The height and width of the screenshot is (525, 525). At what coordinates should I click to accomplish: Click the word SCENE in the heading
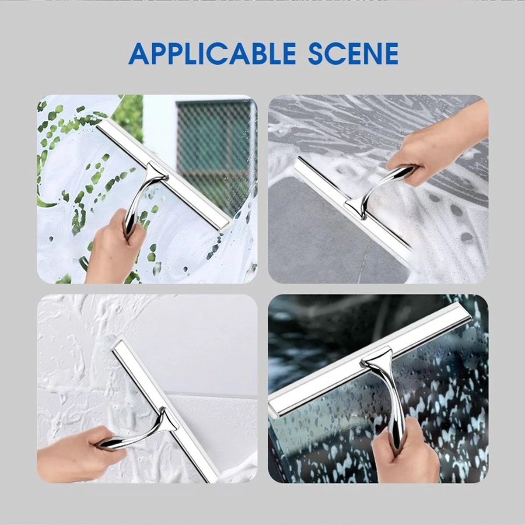pyautogui.click(x=353, y=53)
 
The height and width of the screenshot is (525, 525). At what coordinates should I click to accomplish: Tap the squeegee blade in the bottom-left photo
pyautogui.click(x=162, y=407)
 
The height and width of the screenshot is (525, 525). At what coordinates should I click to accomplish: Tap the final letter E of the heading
pyautogui.click(x=388, y=53)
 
